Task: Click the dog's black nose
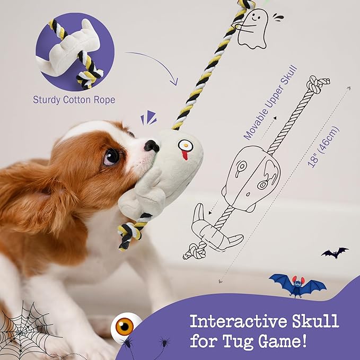[152, 145]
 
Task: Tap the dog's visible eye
[111, 156]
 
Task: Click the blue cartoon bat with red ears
[297, 285]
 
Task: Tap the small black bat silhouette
[335, 253]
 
